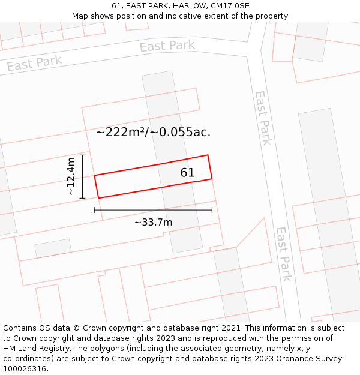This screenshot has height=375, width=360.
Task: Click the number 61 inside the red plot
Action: [187, 173]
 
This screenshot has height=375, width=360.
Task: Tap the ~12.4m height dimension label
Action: [71, 176]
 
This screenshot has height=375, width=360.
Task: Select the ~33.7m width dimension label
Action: [153, 223]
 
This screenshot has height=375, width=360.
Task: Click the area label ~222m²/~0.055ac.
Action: [153, 133]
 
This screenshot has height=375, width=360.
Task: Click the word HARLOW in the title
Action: [185, 6]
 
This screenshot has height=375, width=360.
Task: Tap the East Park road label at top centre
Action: [167, 46]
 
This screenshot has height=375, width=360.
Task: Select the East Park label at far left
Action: [34, 63]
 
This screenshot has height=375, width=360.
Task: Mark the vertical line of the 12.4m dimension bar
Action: [83, 176]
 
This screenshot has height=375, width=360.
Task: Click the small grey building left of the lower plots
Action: [53, 248]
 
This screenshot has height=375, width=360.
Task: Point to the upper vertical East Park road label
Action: [263, 118]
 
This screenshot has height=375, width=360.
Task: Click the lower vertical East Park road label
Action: [283, 254]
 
